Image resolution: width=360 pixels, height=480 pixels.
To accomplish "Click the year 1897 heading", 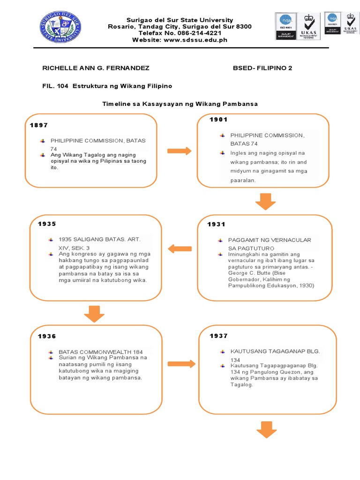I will click(x=39, y=125).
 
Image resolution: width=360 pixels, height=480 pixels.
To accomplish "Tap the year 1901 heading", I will click(x=218, y=120).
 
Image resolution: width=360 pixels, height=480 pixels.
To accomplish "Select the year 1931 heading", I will click(x=217, y=225).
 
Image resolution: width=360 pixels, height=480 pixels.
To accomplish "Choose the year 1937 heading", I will click(x=218, y=336).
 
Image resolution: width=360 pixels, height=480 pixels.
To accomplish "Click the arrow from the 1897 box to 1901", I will click(x=179, y=151).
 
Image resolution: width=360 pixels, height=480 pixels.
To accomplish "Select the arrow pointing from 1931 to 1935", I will click(x=180, y=249).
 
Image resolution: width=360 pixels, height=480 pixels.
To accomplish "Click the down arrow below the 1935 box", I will click(x=95, y=313).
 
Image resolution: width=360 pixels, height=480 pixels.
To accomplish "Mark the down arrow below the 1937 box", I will click(x=266, y=429).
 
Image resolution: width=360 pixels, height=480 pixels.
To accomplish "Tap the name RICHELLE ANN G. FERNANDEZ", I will click(x=96, y=68).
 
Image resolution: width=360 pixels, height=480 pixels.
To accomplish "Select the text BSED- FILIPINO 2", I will click(x=262, y=68).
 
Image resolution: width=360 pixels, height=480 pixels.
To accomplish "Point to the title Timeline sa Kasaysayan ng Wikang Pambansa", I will click(x=180, y=104).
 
